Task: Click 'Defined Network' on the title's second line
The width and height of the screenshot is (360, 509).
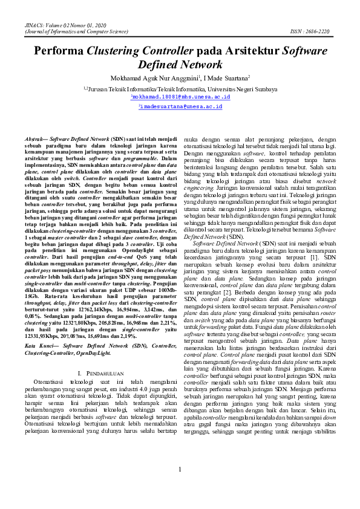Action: point(180,65)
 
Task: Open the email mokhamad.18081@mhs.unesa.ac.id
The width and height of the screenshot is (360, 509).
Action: point(181,97)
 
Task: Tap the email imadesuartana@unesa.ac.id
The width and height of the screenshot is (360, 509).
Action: point(181,106)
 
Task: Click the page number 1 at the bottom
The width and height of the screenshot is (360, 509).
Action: point(180,487)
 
